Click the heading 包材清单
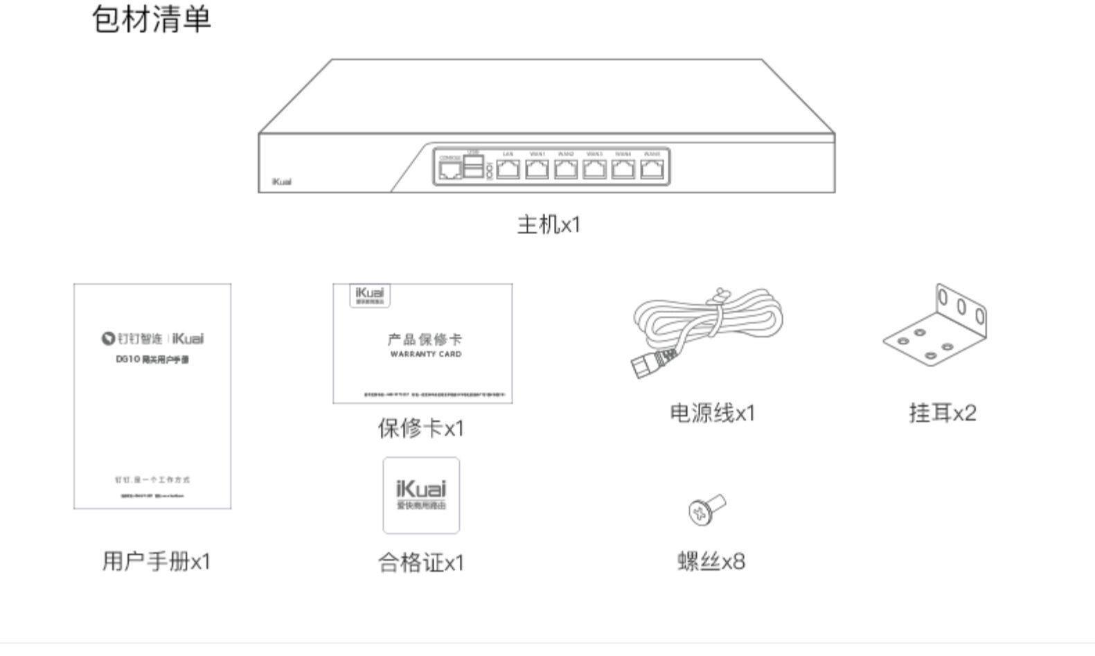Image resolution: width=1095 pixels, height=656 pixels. (151, 19)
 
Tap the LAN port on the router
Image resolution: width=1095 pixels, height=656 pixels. (508, 169)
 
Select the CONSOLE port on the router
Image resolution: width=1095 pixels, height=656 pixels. (450, 170)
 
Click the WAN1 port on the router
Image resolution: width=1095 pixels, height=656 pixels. (537, 169)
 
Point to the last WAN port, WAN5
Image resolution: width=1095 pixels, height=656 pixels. (652, 169)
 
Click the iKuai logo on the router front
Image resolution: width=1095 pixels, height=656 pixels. (281, 182)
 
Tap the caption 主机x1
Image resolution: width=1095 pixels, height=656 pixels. (549, 224)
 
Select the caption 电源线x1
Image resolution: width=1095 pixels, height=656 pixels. (712, 414)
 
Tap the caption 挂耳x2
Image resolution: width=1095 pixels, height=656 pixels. (942, 414)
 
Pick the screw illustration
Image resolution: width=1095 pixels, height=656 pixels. (706, 510)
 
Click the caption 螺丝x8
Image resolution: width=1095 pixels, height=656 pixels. (711, 561)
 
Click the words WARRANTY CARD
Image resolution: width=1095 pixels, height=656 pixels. (425, 355)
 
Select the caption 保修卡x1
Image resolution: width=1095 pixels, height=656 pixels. (420, 428)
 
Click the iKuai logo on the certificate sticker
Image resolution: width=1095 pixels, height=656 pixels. (421, 489)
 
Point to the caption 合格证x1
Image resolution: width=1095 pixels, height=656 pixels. (420, 562)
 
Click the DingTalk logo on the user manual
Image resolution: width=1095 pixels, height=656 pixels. (108, 339)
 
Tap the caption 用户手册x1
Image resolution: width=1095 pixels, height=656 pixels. (156, 561)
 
